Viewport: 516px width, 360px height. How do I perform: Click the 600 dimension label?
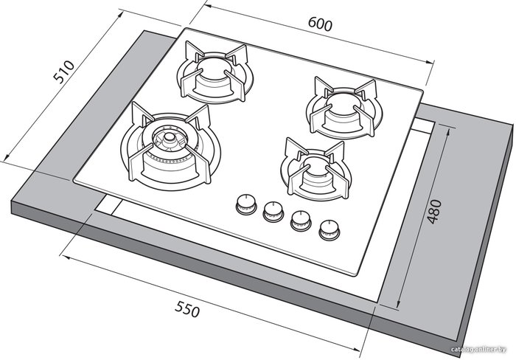(x=320, y=24)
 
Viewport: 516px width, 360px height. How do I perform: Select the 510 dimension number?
(x=64, y=72)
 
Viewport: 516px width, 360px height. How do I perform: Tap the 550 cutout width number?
(x=187, y=309)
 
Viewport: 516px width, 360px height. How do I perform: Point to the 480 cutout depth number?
(x=434, y=212)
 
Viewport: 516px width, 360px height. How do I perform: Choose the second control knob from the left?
(x=273, y=212)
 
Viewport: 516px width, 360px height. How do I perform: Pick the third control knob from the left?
(x=301, y=220)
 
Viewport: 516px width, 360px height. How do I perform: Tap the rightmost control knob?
(x=329, y=229)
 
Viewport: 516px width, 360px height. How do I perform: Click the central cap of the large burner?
(x=169, y=136)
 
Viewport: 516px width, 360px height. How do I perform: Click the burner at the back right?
(x=344, y=108)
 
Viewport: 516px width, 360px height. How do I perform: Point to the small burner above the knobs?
(x=316, y=170)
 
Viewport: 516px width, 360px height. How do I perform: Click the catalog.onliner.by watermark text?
(x=478, y=350)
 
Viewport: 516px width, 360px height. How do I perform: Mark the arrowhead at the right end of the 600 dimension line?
(x=430, y=62)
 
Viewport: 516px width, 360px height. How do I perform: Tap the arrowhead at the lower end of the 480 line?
(x=398, y=304)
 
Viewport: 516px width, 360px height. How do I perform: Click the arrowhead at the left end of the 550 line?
(x=66, y=257)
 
